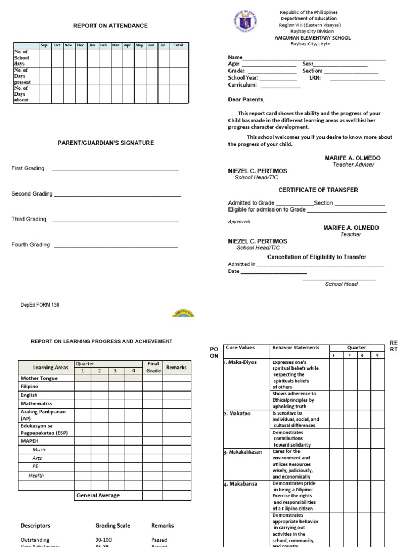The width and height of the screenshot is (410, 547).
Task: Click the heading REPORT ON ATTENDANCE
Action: pyautogui.click(x=111, y=26)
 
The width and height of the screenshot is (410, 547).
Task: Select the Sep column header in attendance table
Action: pyautogui.click(x=44, y=45)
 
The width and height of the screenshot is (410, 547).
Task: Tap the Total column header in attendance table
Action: pyautogui.click(x=178, y=45)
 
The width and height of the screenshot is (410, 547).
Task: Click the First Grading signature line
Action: pyautogui.click(x=115, y=170)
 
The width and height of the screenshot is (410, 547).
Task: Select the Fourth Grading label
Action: pyautogui.click(x=30, y=245)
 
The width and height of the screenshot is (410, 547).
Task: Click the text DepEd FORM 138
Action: pyautogui.click(x=40, y=305)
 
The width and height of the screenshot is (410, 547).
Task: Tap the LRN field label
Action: pyautogui.click(x=314, y=78)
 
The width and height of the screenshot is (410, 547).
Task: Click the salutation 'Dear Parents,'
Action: pyautogui.click(x=246, y=100)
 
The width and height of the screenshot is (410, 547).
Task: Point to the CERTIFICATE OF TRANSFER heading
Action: pyautogui.click(x=318, y=190)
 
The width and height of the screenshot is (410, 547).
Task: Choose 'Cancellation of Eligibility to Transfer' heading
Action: pyautogui.click(x=317, y=257)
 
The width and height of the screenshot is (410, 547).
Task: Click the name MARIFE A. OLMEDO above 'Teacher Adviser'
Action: pyautogui.click(x=352, y=159)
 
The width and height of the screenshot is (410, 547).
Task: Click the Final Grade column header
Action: pyautogui.click(x=153, y=367)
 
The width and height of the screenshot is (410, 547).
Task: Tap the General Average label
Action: pyautogui.click(x=98, y=495)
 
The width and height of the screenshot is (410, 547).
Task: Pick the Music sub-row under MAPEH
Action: pyautogui.click(x=39, y=450)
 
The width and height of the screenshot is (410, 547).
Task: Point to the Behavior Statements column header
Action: pyautogui.click(x=296, y=348)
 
